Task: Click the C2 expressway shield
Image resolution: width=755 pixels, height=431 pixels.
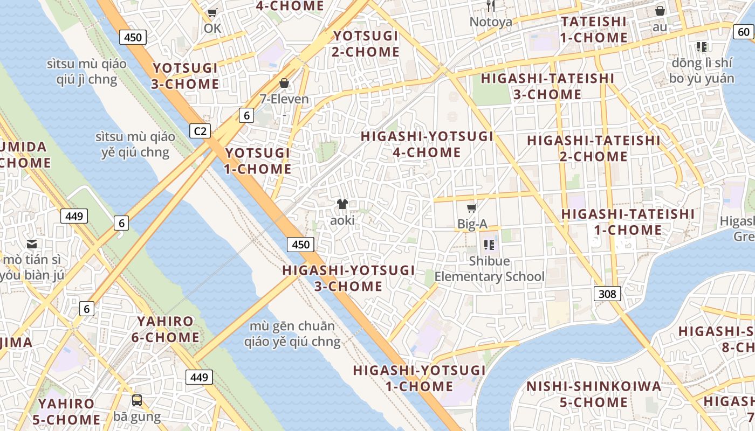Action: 200,131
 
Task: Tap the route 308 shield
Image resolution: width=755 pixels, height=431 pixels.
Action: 607,294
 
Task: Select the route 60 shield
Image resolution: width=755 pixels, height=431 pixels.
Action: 743,32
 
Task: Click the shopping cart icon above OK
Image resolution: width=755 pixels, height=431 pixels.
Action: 212,12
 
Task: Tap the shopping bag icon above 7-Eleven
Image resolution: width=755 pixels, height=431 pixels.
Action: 284,83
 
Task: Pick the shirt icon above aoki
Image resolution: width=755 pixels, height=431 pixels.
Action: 342,204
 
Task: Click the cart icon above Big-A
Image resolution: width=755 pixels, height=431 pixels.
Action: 472,208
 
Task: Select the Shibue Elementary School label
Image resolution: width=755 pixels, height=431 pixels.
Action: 490,269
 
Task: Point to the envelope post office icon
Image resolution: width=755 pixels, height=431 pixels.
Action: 32,244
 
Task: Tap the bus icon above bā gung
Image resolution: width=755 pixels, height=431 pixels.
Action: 137,400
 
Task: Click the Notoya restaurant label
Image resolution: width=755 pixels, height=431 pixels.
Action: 491,22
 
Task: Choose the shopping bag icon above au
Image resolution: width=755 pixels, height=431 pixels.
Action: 660,11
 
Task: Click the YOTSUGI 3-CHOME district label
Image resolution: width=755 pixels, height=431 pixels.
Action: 186,76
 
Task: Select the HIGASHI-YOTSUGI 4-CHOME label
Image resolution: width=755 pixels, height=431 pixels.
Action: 427,144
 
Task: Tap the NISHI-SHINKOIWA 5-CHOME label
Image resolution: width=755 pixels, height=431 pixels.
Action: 594,394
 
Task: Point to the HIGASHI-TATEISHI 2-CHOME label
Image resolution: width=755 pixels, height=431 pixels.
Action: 593,148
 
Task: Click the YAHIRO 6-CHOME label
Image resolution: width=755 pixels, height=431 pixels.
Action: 165,329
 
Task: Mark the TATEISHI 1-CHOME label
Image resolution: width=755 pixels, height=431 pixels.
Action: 593,30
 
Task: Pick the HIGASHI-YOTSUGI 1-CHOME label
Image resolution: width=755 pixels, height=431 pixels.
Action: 419,378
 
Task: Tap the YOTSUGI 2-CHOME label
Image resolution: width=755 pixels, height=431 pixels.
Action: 366,44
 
